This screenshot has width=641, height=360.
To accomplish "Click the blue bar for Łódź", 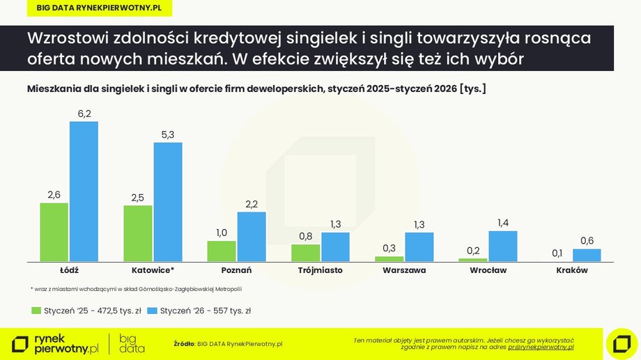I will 84,191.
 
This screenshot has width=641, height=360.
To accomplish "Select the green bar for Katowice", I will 138,233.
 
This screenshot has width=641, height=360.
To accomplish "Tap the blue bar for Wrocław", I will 502,246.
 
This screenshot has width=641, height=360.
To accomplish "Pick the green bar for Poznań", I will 222,251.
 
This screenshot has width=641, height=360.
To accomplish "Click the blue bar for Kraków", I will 586,255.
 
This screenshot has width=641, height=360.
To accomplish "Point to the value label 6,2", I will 84,113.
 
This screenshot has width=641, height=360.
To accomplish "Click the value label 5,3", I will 168,134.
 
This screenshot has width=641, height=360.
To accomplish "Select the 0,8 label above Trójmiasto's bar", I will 305,235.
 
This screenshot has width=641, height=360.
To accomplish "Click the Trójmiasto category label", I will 320,270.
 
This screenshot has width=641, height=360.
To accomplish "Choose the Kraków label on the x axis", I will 572,270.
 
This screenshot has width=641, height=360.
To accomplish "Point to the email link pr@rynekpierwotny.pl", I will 540,346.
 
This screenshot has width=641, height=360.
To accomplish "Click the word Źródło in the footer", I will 184,343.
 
